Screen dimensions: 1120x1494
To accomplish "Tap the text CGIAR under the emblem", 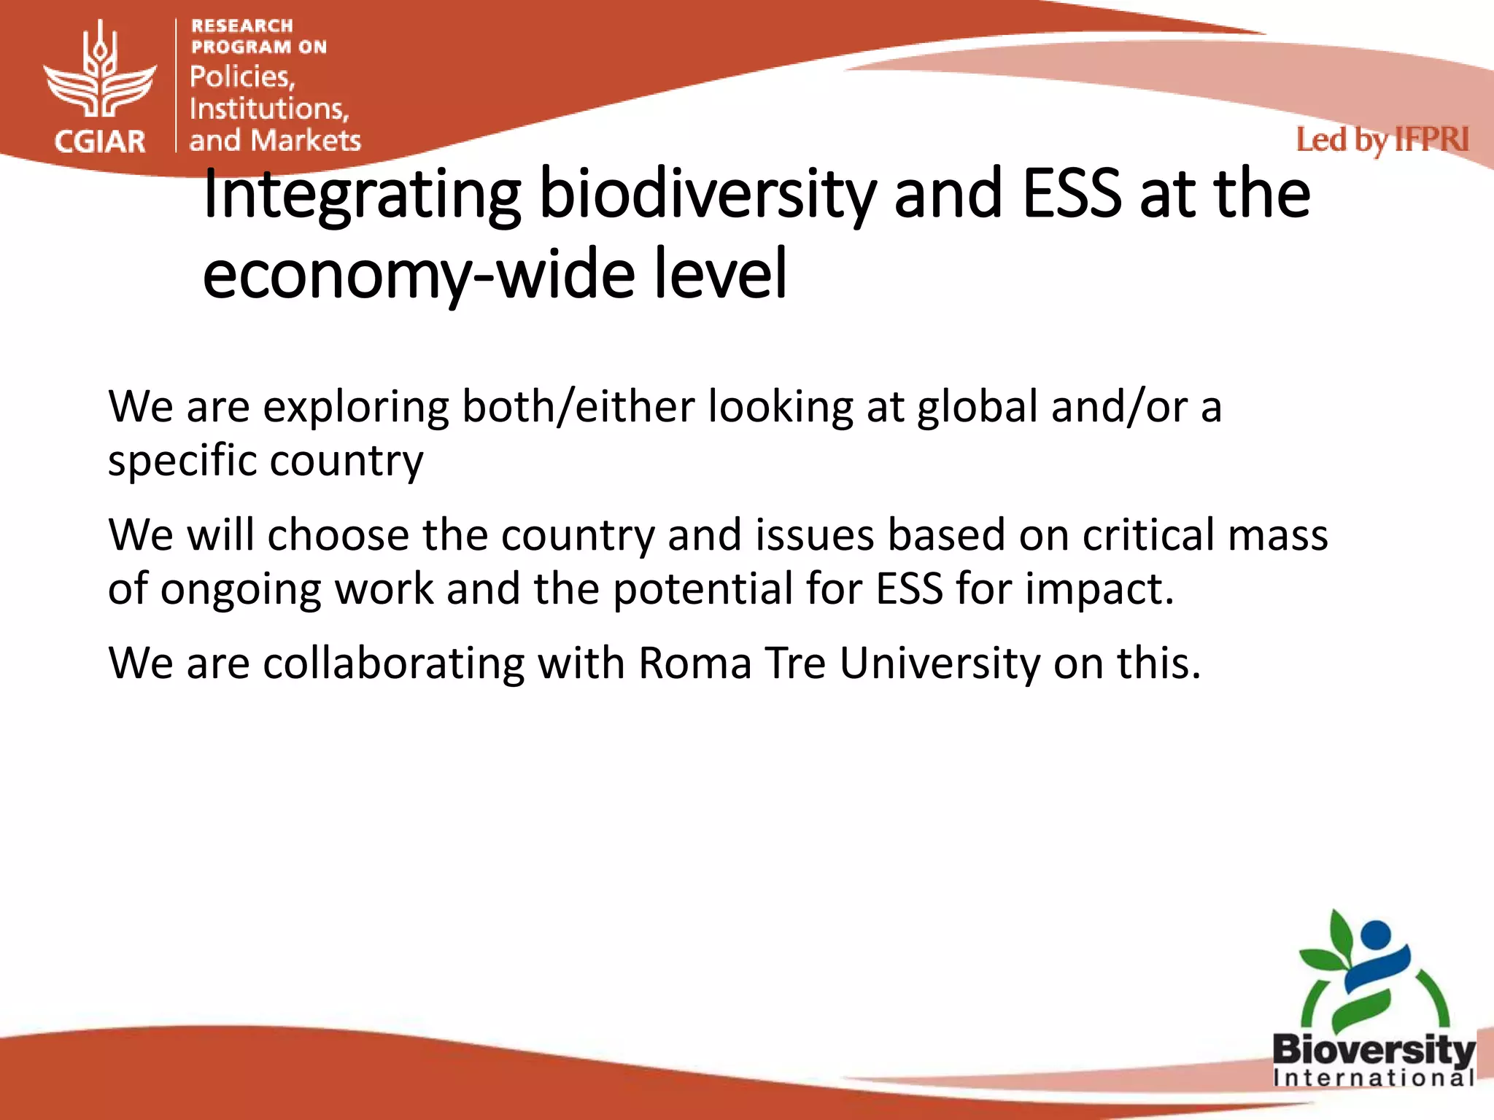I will (100, 141).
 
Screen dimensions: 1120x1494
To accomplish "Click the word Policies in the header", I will (241, 77).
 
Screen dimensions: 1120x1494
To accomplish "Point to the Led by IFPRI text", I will (1382, 140).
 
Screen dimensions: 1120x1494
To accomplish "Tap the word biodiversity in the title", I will (707, 195).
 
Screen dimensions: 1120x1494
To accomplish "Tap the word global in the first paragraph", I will (977, 406).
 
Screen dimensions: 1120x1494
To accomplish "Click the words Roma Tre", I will (732, 664).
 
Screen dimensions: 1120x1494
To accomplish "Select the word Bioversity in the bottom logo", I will (1373, 1051).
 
